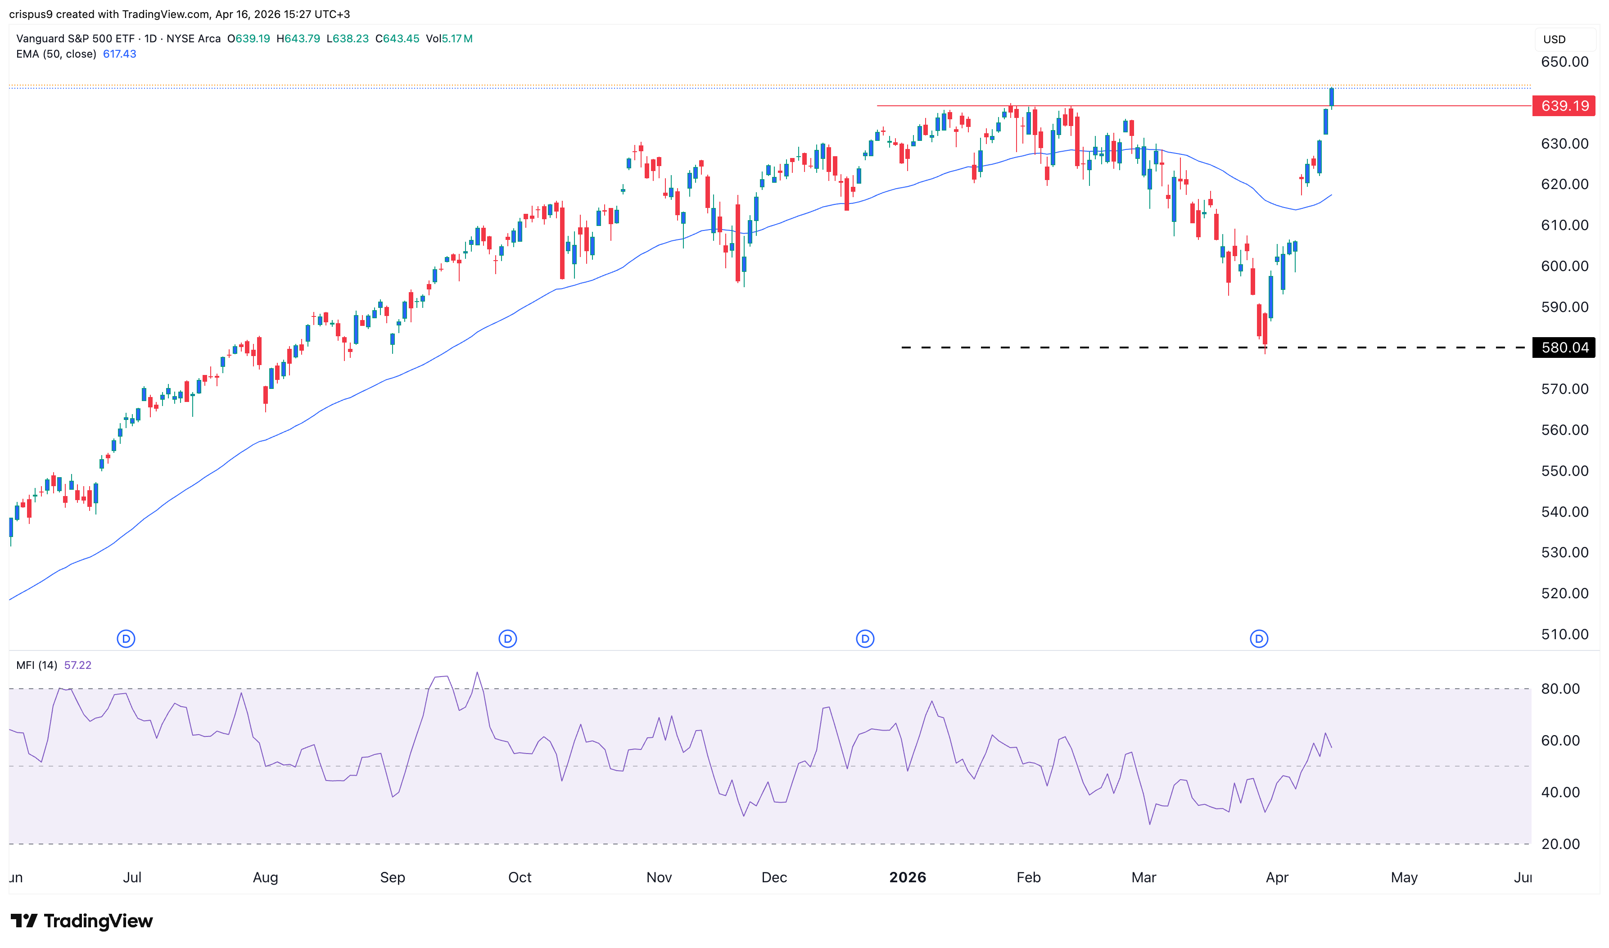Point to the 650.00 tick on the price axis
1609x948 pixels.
click(1564, 62)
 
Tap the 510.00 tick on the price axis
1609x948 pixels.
click(1564, 634)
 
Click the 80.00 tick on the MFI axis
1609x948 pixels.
click(1560, 689)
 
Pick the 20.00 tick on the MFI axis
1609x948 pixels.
click(1560, 844)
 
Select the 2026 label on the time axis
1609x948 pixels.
click(907, 877)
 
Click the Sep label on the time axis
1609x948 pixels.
click(392, 877)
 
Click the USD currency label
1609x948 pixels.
click(1554, 40)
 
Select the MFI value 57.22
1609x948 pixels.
click(78, 665)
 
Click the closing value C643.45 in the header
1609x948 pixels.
click(398, 38)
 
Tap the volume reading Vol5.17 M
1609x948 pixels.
click(449, 38)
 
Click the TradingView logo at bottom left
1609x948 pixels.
click(82, 921)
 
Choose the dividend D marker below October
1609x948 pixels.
click(507, 638)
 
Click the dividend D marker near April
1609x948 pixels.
click(1258, 638)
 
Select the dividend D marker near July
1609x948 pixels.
click(126, 638)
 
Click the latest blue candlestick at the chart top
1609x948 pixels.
click(1331, 97)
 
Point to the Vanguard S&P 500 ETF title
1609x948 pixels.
click(75, 38)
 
